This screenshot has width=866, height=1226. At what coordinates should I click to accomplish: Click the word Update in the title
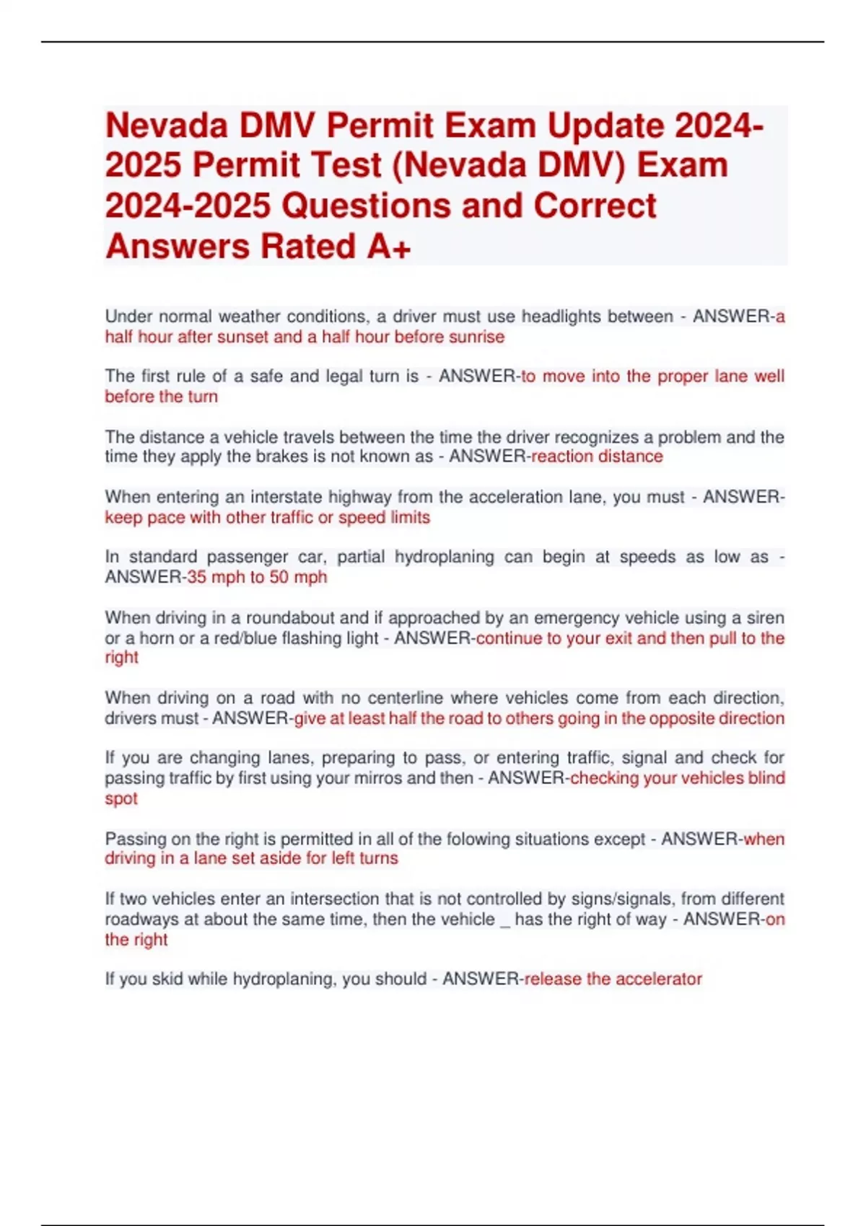coord(605,125)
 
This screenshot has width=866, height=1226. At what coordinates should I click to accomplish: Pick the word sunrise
coord(476,337)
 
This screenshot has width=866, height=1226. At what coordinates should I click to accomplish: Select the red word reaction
coord(560,457)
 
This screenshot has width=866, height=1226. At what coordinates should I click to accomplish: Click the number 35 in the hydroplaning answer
coord(196,577)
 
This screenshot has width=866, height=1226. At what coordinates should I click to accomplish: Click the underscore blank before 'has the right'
coord(504,923)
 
